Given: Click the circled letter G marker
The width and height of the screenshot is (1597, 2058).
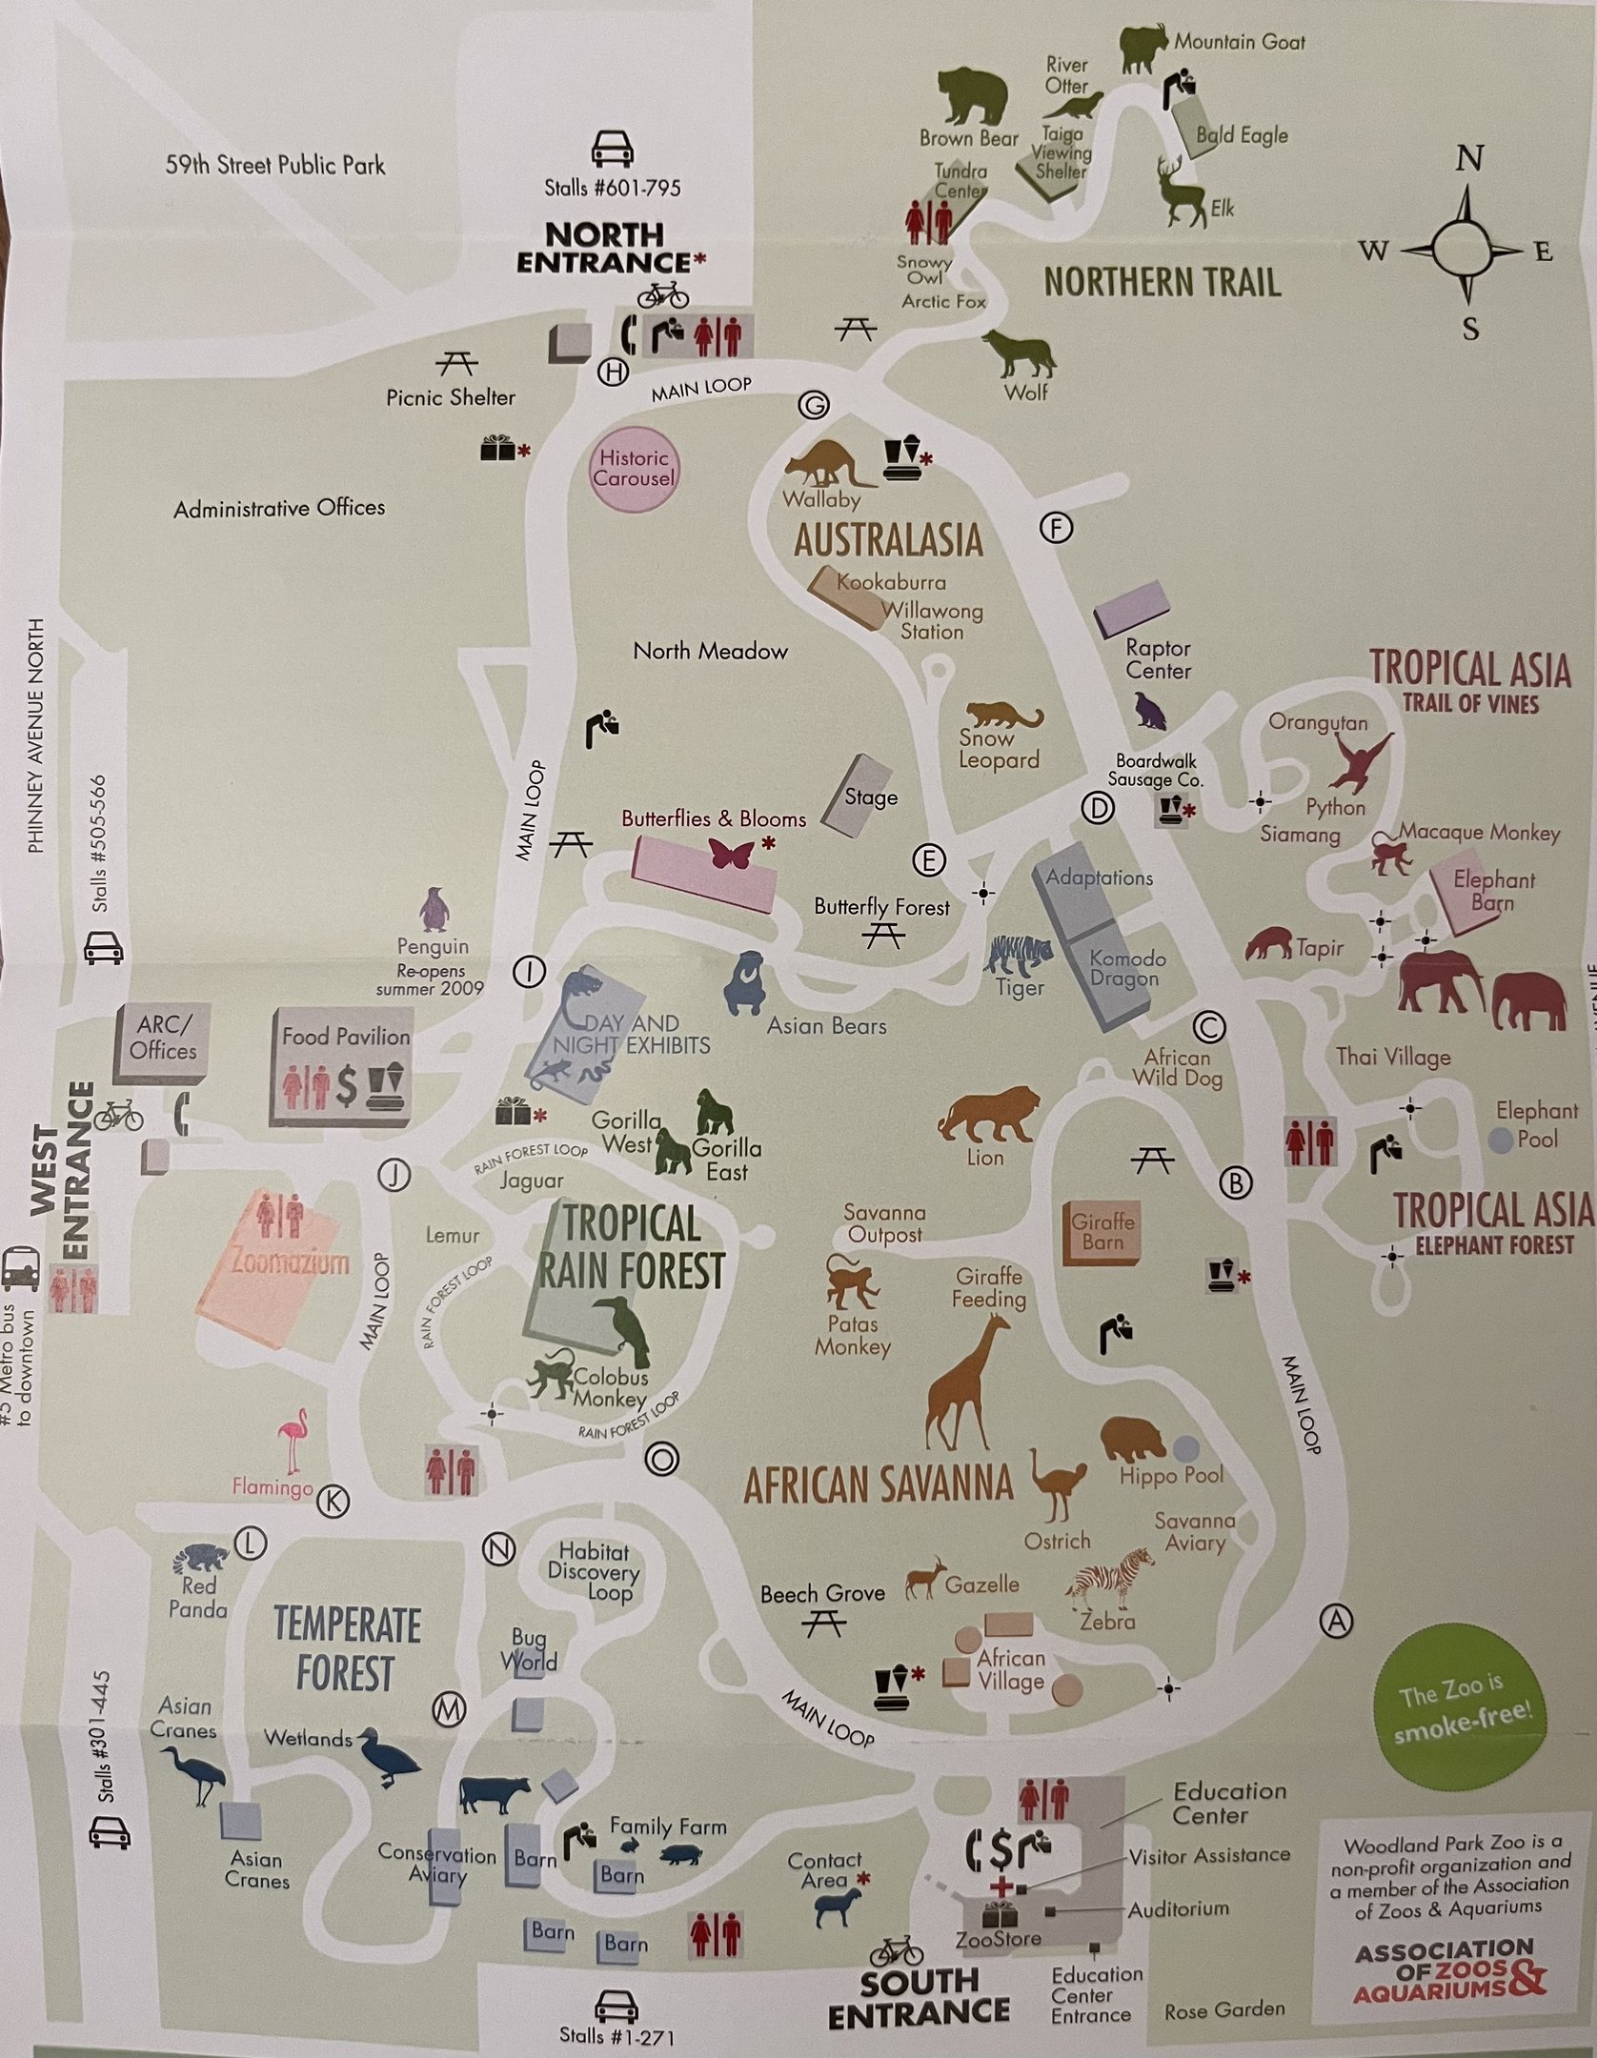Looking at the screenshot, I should pyautogui.click(x=814, y=405).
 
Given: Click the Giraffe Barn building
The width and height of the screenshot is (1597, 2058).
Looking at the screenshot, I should pyautogui.click(x=1102, y=1233).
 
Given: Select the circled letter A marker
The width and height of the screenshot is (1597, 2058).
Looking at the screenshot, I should pyautogui.click(x=1336, y=1620).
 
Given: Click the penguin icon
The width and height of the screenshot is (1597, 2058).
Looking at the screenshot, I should pyautogui.click(x=434, y=909).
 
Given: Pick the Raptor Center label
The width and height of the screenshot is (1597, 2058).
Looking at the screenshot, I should pyautogui.click(x=1158, y=659).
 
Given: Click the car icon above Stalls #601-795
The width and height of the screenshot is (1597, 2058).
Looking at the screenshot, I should pyautogui.click(x=613, y=149).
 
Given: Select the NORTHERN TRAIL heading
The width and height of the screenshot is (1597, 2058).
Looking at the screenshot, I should pyautogui.click(x=1162, y=282).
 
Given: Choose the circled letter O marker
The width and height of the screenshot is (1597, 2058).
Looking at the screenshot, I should pyautogui.click(x=662, y=1459).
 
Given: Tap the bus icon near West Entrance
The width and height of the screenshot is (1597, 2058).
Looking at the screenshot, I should pyautogui.click(x=20, y=1268).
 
